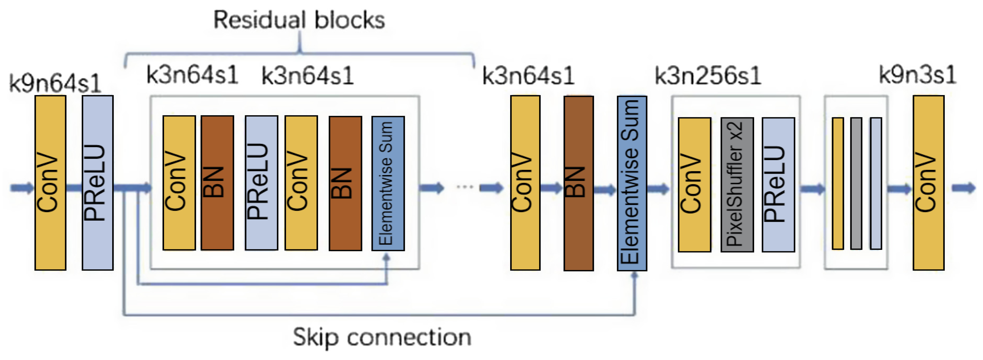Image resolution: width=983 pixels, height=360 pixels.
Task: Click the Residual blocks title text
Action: click(x=299, y=20)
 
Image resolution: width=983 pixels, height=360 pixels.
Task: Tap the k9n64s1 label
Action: click(x=55, y=83)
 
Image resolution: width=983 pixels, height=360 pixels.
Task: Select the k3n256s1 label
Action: click(x=708, y=75)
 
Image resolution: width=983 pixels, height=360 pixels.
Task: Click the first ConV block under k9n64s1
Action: click(x=50, y=182)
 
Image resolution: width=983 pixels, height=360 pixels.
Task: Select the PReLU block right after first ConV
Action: click(x=98, y=182)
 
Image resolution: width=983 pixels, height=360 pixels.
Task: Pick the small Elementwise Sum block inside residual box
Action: click(x=388, y=183)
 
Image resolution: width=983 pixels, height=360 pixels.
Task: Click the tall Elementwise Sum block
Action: click(x=632, y=183)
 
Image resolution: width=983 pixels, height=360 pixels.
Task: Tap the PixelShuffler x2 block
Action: click(x=737, y=184)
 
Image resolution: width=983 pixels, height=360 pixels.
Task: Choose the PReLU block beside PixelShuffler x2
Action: click(x=778, y=184)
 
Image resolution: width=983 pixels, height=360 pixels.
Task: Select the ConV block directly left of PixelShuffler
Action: click(x=694, y=184)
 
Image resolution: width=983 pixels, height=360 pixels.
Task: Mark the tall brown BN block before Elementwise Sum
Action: click(x=579, y=183)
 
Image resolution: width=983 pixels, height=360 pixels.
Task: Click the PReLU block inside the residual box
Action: click(x=261, y=182)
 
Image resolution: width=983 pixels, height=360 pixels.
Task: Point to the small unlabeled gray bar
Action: click(x=856, y=183)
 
